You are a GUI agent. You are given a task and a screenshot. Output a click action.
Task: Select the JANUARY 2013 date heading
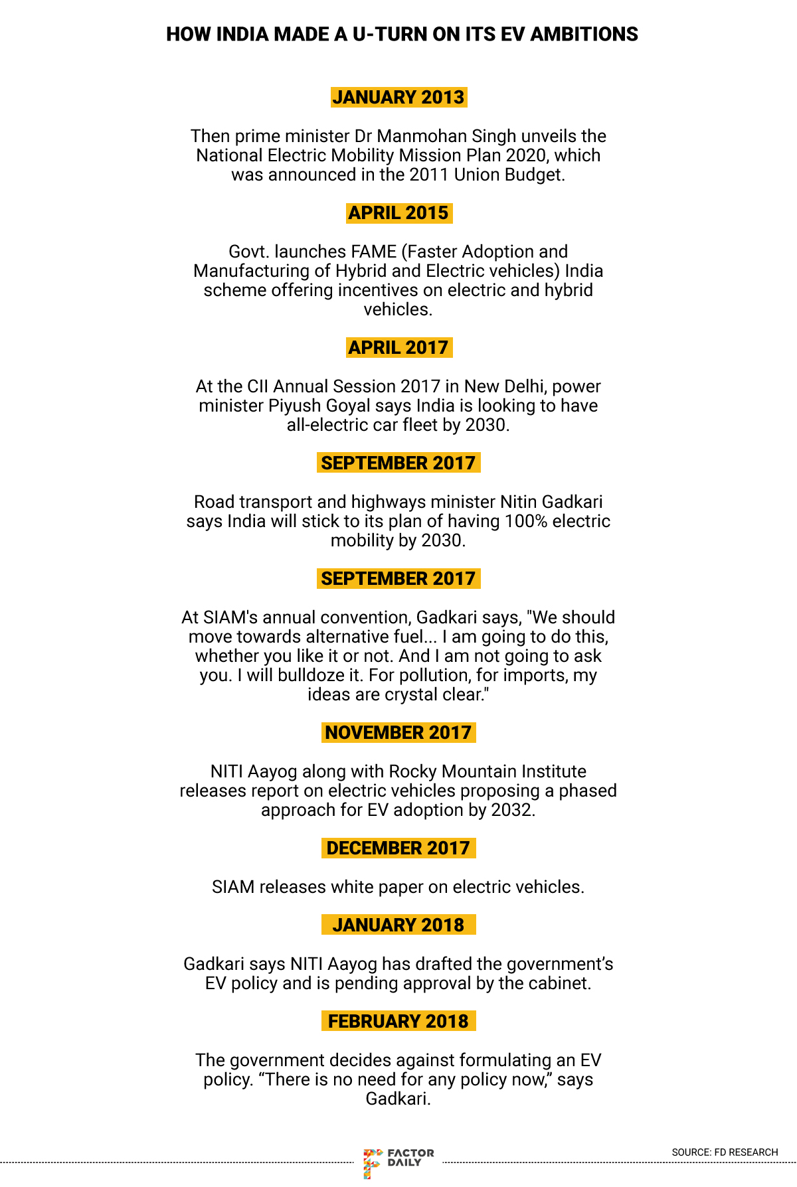[398, 97]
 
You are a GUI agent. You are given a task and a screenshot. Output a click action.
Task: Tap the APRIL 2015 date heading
[398, 213]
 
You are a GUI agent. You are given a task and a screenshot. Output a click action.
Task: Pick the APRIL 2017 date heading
[398, 348]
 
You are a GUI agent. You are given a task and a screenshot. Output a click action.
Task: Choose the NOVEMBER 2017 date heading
[398, 733]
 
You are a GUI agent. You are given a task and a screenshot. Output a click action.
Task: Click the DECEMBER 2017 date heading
[398, 848]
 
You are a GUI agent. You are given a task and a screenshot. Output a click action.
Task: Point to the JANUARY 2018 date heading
[398, 925]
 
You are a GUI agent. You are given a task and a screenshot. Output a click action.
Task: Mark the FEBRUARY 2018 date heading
[398, 1022]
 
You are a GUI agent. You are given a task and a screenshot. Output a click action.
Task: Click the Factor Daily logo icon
[373, 1162]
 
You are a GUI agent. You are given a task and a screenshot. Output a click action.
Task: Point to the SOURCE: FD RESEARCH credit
[725, 1152]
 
